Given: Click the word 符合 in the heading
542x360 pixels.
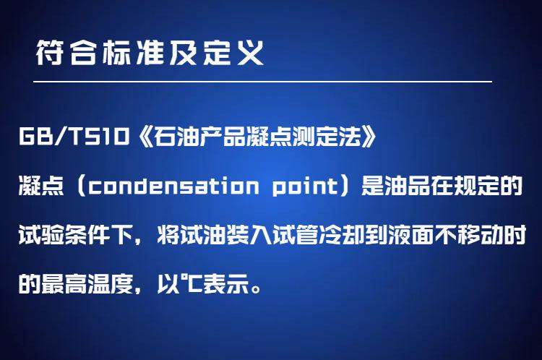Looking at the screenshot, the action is click(x=66, y=53).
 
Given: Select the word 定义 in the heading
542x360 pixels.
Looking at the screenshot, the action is click(x=233, y=53).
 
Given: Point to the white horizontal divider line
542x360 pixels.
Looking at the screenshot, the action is click(x=263, y=82).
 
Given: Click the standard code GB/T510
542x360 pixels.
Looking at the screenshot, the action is click(x=74, y=137).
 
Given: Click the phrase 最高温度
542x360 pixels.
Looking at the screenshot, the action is click(x=87, y=284).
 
